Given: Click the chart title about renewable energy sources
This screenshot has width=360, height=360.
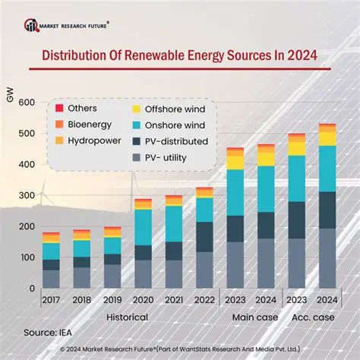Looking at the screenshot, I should tap(180, 55).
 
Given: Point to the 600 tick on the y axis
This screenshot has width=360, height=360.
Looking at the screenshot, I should tap(26, 103).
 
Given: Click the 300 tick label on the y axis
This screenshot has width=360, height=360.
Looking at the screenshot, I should tap(26, 196).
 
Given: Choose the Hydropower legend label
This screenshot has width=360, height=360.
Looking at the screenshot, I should tap(91, 141).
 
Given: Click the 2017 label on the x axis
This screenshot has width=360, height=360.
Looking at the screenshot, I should tap(51, 300).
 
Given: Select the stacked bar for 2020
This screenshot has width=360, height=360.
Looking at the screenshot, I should tap(143, 243).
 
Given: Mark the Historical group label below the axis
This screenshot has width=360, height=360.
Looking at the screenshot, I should tap(127, 316).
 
